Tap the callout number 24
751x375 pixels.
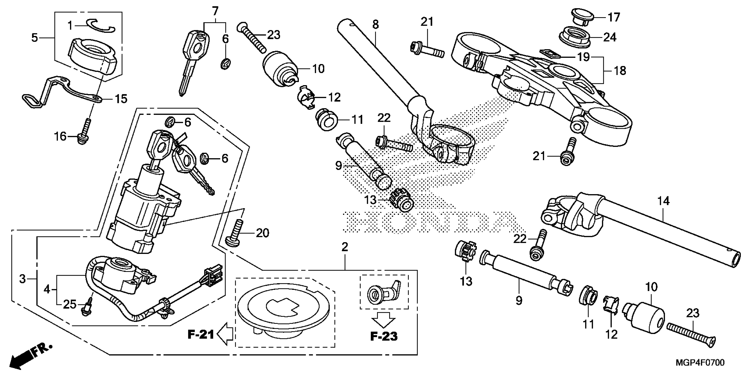point(610,37)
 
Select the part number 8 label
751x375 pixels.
point(375,24)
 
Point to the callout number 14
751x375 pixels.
point(664,201)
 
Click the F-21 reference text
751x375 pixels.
point(201,335)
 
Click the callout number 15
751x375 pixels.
point(121,99)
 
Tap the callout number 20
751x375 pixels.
point(262,233)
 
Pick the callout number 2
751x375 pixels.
point(345,247)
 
